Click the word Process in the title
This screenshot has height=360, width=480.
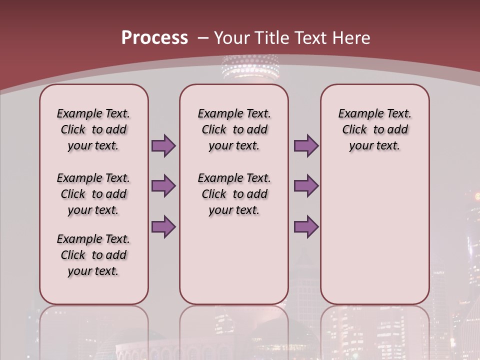[x=154, y=37]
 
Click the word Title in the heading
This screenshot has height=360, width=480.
[x=274, y=38]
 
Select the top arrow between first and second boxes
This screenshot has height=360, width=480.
[x=163, y=145]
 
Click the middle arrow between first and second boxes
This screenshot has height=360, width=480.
[x=163, y=186]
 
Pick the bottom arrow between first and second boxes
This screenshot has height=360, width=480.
[x=163, y=227]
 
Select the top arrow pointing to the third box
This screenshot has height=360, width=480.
[x=306, y=145]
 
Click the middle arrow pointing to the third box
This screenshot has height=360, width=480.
[x=306, y=186]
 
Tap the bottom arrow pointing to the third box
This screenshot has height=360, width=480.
[x=306, y=227]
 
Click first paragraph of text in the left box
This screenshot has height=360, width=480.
[x=93, y=129]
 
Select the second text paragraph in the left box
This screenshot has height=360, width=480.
[x=93, y=194]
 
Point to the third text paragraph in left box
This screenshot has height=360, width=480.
[x=93, y=255]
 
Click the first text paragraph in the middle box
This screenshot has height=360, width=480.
[x=234, y=129]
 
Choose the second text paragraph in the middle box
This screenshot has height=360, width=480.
[x=234, y=194]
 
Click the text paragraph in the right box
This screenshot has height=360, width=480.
[x=374, y=129]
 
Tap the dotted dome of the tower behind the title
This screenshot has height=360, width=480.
[x=243, y=67]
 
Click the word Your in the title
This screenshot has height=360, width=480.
[x=232, y=38]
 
